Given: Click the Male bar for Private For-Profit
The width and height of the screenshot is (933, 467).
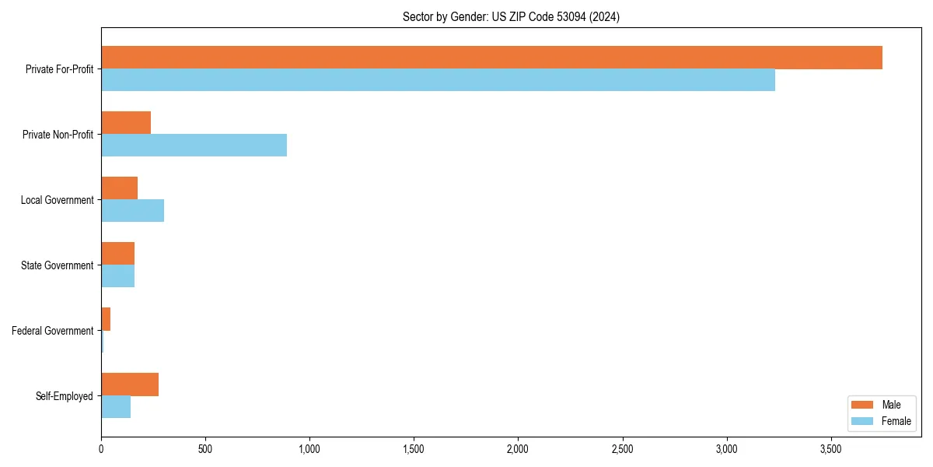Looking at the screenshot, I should [491, 58].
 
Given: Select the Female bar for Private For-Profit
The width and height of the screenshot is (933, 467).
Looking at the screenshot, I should [438, 80].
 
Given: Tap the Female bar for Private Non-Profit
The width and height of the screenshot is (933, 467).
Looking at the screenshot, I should [194, 146].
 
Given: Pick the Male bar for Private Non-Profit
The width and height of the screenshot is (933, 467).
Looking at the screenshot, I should [126, 123].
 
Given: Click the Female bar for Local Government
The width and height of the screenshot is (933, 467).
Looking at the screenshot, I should [132, 211].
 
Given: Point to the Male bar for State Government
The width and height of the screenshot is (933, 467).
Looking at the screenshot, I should [117, 254].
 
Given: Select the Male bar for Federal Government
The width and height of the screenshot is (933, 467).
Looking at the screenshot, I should [106, 319].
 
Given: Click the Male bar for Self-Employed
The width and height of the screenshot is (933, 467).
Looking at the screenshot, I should [130, 384].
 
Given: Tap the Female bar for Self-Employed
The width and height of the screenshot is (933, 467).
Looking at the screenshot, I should [116, 407].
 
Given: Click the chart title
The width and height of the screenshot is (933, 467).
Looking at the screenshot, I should [511, 16].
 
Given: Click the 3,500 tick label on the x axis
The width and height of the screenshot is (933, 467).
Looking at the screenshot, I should [830, 449].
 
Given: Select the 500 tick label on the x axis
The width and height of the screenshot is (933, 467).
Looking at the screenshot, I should [205, 449].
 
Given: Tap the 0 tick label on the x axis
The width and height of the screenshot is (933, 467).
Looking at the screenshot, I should [101, 449].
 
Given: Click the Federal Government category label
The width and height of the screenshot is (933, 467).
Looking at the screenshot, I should [53, 331].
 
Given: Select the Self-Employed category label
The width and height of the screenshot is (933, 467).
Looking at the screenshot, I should [65, 396].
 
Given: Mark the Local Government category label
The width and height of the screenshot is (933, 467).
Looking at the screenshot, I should [57, 200].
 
